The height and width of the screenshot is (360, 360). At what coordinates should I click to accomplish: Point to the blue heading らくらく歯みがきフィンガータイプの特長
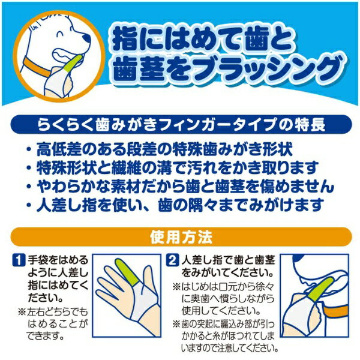179,125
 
